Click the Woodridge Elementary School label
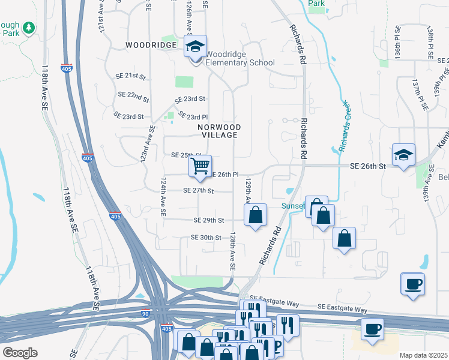click(240, 58)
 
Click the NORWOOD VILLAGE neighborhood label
click(220, 131)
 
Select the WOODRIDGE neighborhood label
click(151, 45)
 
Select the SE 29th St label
click(209, 221)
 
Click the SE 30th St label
click(206, 238)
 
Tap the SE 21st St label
click(131, 76)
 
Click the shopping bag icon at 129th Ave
click(256, 215)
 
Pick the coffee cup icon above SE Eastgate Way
click(413, 284)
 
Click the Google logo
click(20, 352)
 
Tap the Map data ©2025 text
click(423, 355)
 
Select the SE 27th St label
click(199, 191)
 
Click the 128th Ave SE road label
click(231, 252)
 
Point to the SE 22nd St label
click(133, 95)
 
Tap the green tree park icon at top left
click(28, 27)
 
